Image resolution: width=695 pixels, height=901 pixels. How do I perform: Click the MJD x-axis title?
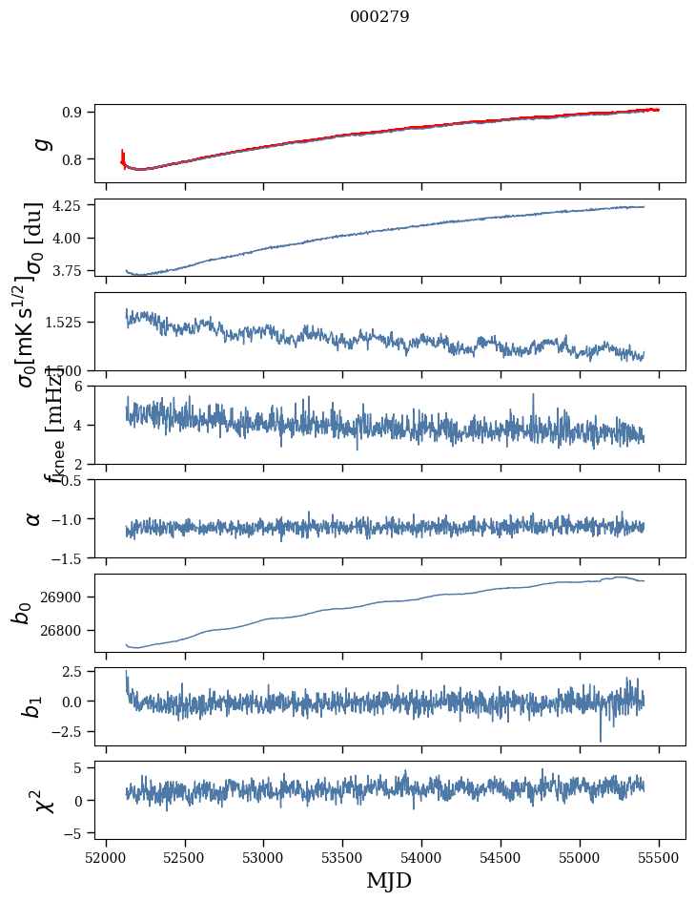[389, 881]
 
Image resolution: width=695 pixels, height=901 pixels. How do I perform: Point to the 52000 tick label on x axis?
[106, 858]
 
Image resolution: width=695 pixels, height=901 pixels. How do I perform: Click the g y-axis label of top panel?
[41, 143]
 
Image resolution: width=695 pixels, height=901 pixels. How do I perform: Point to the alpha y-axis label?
[34, 518]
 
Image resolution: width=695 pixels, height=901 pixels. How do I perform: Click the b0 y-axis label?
[21, 612]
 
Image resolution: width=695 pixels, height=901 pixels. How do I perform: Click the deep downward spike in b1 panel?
[601, 740]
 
